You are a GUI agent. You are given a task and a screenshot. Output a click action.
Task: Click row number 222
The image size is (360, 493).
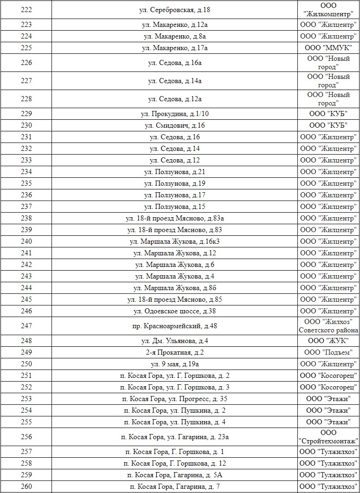[26, 10]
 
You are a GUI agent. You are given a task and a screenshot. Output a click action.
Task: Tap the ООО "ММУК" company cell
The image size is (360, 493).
[328, 48]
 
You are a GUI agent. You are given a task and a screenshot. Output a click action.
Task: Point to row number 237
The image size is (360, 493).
[26, 207]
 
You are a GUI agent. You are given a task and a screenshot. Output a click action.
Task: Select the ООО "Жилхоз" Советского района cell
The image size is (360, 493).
[328, 326]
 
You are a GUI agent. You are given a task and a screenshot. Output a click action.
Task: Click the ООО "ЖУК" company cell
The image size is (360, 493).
[328, 341]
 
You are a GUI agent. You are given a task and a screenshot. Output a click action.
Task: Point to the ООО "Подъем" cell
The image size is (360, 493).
[328, 352]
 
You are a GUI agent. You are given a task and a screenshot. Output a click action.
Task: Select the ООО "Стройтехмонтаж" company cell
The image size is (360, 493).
[328, 436]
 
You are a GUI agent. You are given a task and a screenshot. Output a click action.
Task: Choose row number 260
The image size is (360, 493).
[26, 487]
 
